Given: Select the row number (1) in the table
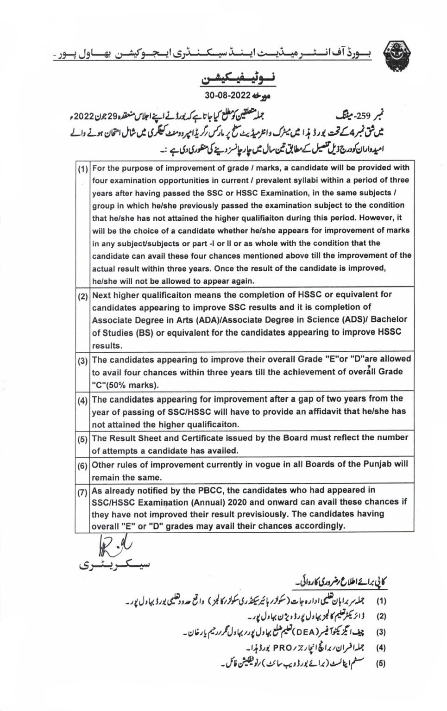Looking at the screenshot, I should click(x=83, y=169).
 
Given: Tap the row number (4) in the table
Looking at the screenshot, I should click(x=83, y=401).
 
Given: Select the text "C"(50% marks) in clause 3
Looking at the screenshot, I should click(x=125, y=385).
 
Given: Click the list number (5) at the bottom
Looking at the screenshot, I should click(x=381, y=663).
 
